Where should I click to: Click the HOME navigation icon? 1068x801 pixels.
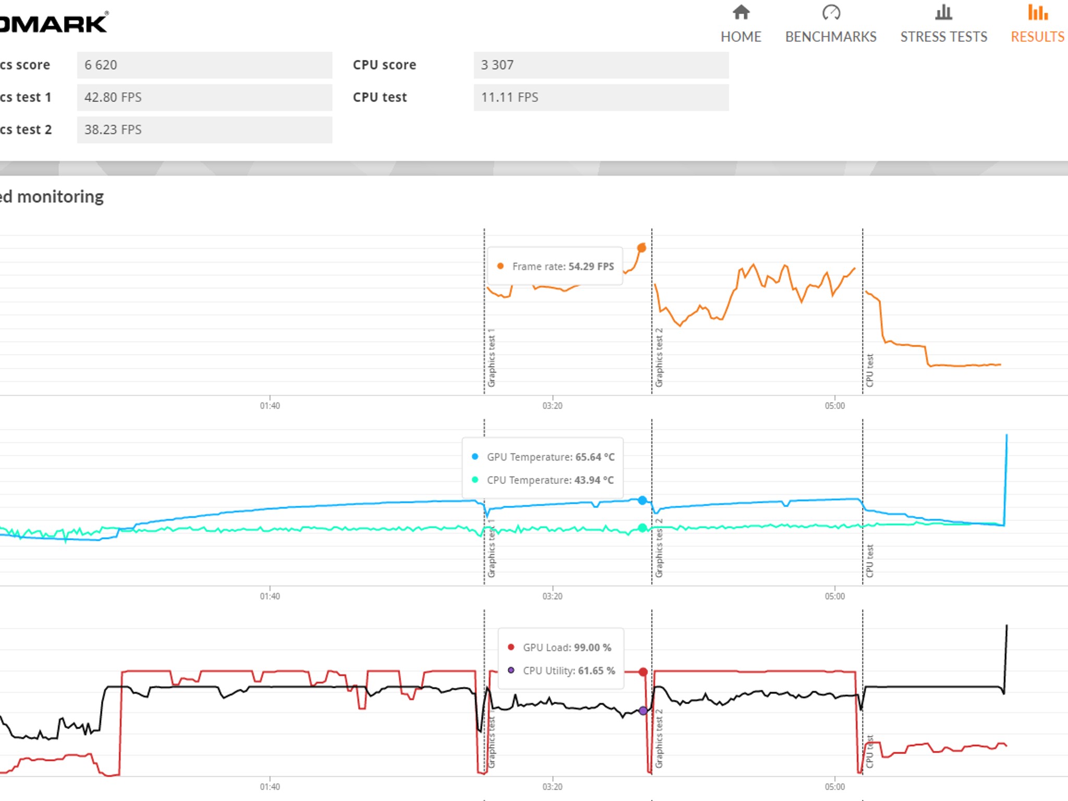coord(741,13)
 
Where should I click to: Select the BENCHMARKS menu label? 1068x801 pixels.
coord(831,37)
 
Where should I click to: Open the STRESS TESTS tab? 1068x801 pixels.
coord(943,37)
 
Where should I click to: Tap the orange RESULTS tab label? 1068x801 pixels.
coord(1037,37)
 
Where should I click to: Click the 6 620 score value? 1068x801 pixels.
coord(101,65)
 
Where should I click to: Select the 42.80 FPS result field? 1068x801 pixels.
coord(113,97)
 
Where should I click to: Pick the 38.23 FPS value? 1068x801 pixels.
coord(113,129)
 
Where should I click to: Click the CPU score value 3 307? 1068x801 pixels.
coord(497,65)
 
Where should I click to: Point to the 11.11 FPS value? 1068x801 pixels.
coord(509,97)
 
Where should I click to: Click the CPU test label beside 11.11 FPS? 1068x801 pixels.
coord(380,97)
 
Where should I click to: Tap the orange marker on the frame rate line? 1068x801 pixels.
coord(642,248)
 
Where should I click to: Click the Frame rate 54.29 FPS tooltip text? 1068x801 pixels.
coord(563,266)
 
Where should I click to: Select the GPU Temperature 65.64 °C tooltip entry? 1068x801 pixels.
coord(550,457)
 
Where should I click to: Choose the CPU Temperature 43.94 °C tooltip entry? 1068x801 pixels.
coord(550,480)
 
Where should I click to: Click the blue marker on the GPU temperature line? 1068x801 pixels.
coord(642,500)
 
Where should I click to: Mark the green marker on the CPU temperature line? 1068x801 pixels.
coord(642,528)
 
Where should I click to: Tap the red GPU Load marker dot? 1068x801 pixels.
coord(643,672)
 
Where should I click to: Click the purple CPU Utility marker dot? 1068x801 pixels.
coord(643,710)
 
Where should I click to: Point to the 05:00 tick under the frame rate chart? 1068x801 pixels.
coord(834,406)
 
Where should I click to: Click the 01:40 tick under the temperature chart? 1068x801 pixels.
coord(270,596)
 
